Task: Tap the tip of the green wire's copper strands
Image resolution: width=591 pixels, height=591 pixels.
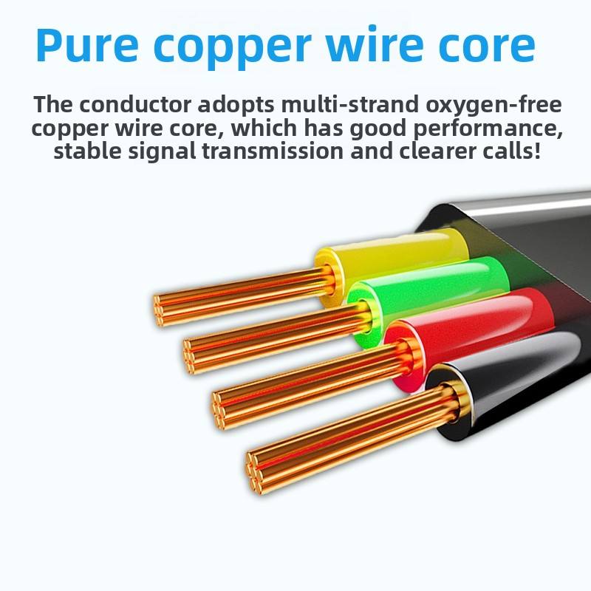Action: pos(190,352)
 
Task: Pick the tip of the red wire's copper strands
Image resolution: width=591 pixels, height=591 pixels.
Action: pos(219,406)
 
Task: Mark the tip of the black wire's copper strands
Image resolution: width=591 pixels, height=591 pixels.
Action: pos(254,469)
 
